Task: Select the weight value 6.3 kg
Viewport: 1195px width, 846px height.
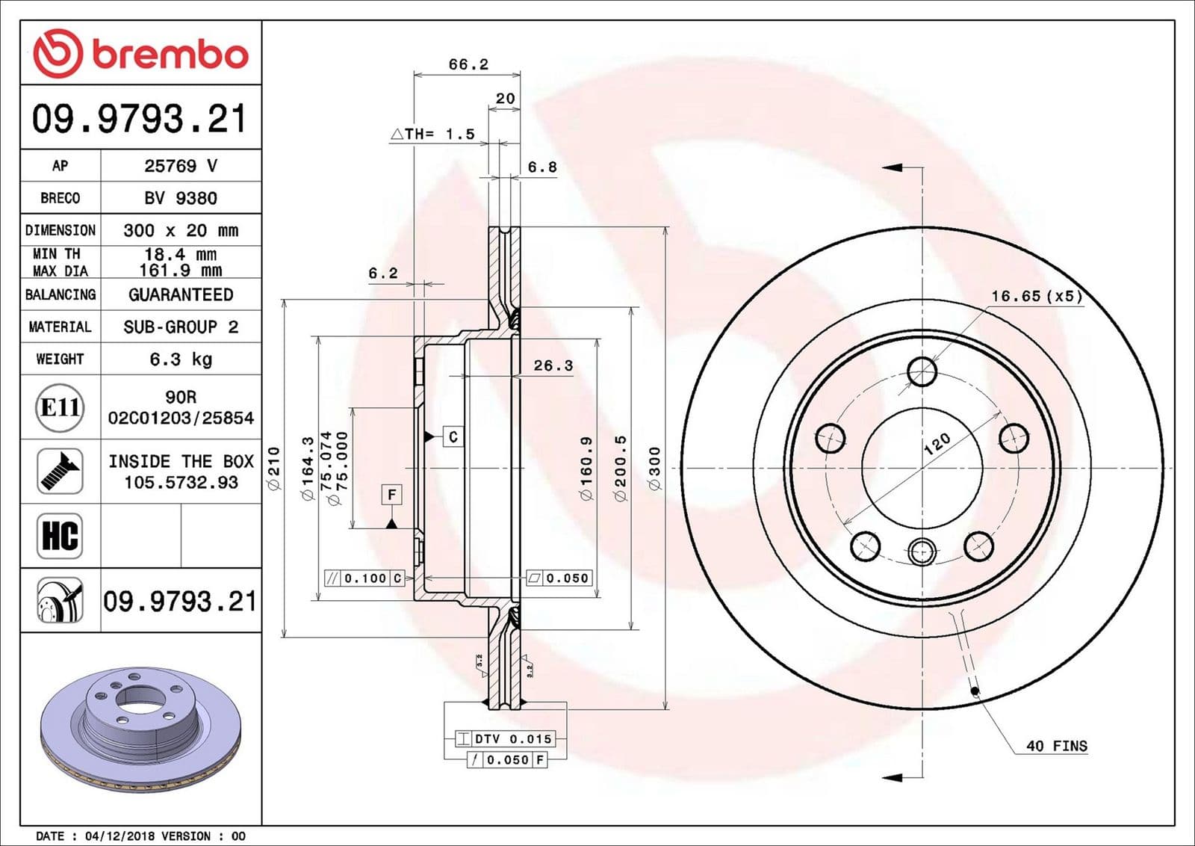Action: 181,359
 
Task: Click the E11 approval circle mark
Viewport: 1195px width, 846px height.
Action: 60,407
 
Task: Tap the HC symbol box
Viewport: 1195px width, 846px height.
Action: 60,536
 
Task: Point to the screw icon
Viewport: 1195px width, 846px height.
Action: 60,471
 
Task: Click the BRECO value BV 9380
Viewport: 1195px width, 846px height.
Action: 181,198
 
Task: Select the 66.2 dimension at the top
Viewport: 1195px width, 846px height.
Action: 468,64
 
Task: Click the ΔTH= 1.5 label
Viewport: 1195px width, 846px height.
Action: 433,134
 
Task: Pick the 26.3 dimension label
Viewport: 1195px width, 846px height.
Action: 553,365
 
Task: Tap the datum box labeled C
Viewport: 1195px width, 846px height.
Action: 453,436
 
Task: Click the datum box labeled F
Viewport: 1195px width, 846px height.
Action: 391,495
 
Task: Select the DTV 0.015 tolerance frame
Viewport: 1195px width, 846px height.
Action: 506,738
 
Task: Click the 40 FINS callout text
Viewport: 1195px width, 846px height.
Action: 1056,746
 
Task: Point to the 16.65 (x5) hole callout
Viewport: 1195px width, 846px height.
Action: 1036,296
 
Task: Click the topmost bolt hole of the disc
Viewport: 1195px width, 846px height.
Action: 922,371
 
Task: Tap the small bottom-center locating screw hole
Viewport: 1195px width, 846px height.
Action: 922,553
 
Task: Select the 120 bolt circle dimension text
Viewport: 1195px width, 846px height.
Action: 937,444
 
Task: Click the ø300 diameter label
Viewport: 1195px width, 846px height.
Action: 655,469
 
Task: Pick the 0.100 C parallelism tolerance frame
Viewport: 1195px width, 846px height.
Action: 365,578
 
